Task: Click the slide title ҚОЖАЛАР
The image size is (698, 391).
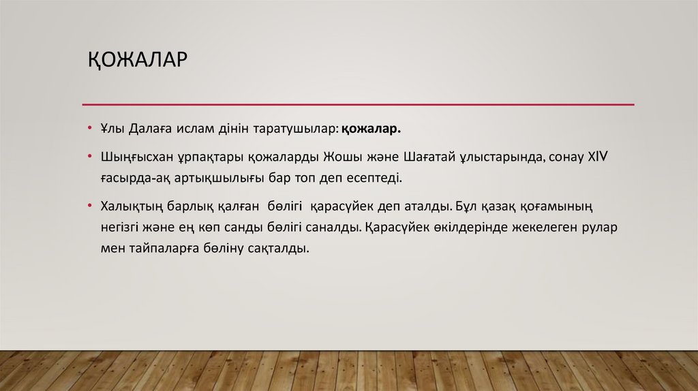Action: tap(136, 60)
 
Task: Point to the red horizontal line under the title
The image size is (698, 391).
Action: tap(358, 105)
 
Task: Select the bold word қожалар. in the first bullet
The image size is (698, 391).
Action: tap(372, 129)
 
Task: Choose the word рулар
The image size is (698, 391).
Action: tap(599, 228)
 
